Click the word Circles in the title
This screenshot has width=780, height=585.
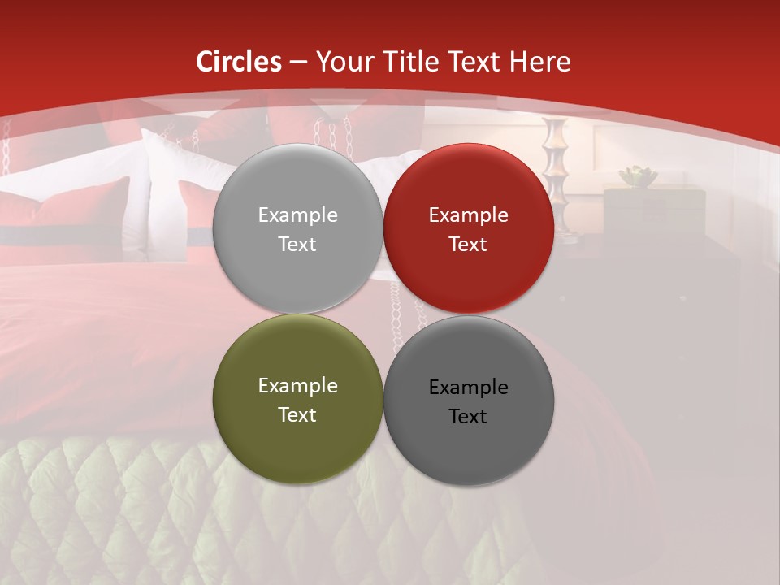238,62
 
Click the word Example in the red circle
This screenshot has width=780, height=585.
468,214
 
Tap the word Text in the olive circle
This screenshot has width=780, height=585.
297,414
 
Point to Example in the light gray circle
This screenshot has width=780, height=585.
297,214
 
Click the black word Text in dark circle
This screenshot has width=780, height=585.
468,416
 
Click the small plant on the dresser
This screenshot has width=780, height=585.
637,175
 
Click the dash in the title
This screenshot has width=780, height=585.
298,63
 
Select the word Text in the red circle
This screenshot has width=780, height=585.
468,244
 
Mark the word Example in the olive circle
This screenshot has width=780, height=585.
297,385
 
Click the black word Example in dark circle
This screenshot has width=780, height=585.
468,387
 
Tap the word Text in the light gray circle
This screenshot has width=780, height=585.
297,244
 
